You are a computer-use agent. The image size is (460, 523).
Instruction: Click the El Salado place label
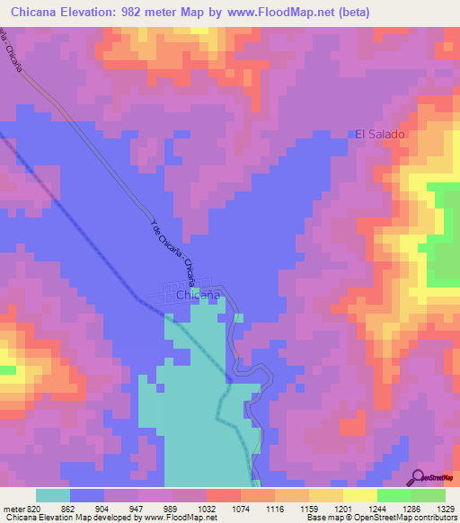point(380,134)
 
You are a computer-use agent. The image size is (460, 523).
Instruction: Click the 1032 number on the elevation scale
point(206,509)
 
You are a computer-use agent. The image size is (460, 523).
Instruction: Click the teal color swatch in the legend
point(53,495)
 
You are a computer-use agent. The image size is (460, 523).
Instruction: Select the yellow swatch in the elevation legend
point(360,495)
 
